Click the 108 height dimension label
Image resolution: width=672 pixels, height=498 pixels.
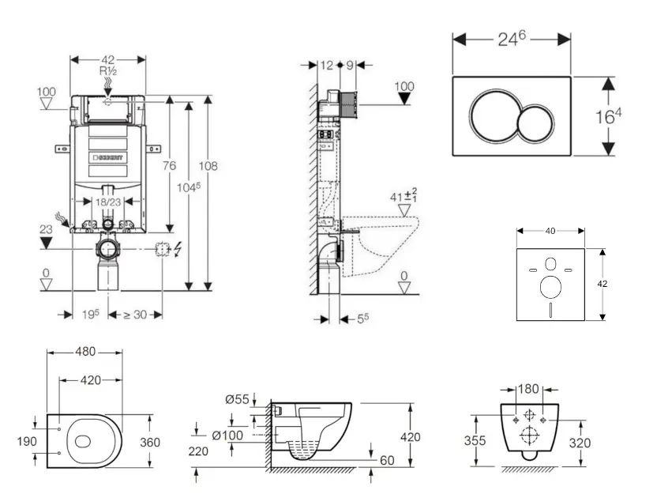[208, 166]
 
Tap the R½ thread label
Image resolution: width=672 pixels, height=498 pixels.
[108, 71]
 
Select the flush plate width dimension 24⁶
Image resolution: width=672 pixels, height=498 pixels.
[512, 40]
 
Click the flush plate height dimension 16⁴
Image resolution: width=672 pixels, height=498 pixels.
[608, 117]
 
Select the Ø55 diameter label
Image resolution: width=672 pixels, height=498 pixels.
[237, 400]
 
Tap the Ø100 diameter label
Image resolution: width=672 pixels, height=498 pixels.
[227, 436]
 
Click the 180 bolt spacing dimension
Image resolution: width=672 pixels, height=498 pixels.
[529, 389]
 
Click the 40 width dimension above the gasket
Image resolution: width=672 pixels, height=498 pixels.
[550, 231]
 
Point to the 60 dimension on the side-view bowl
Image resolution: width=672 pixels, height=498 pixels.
[386, 459]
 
